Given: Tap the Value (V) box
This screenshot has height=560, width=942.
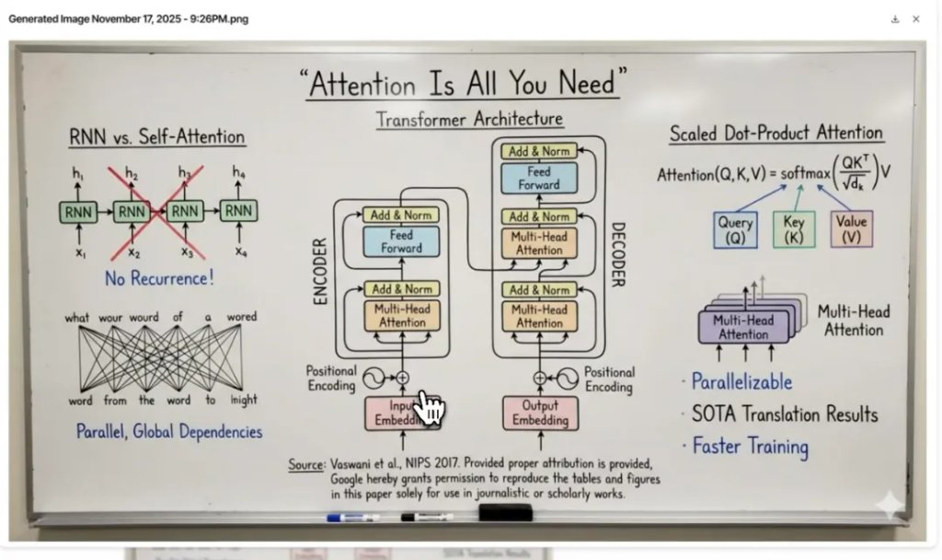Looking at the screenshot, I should [x=851, y=229].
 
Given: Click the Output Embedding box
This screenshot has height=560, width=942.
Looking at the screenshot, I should [x=541, y=414].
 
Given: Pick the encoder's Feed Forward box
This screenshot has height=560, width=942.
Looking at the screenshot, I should [x=401, y=242].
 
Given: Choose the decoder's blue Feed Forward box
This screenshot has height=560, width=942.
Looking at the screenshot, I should [x=538, y=178].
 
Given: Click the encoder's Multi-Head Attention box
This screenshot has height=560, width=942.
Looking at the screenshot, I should [x=403, y=316].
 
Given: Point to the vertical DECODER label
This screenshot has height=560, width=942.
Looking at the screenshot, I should [x=618, y=254].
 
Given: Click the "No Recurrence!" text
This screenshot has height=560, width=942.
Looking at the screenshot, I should [x=159, y=277].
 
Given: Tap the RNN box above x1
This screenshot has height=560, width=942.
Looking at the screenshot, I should [x=79, y=212].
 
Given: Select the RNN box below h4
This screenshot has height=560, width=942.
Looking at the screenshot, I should [x=238, y=212].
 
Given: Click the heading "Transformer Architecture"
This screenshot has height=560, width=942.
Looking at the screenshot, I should [x=469, y=120].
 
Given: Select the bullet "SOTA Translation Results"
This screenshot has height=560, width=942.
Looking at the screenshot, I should [x=785, y=414].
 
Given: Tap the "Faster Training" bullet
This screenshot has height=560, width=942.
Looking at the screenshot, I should [x=750, y=447].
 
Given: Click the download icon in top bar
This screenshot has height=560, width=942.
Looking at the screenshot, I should [x=895, y=18].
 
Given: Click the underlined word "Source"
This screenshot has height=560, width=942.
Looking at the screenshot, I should [x=305, y=465].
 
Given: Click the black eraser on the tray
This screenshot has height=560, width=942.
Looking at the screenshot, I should [x=505, y=511].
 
